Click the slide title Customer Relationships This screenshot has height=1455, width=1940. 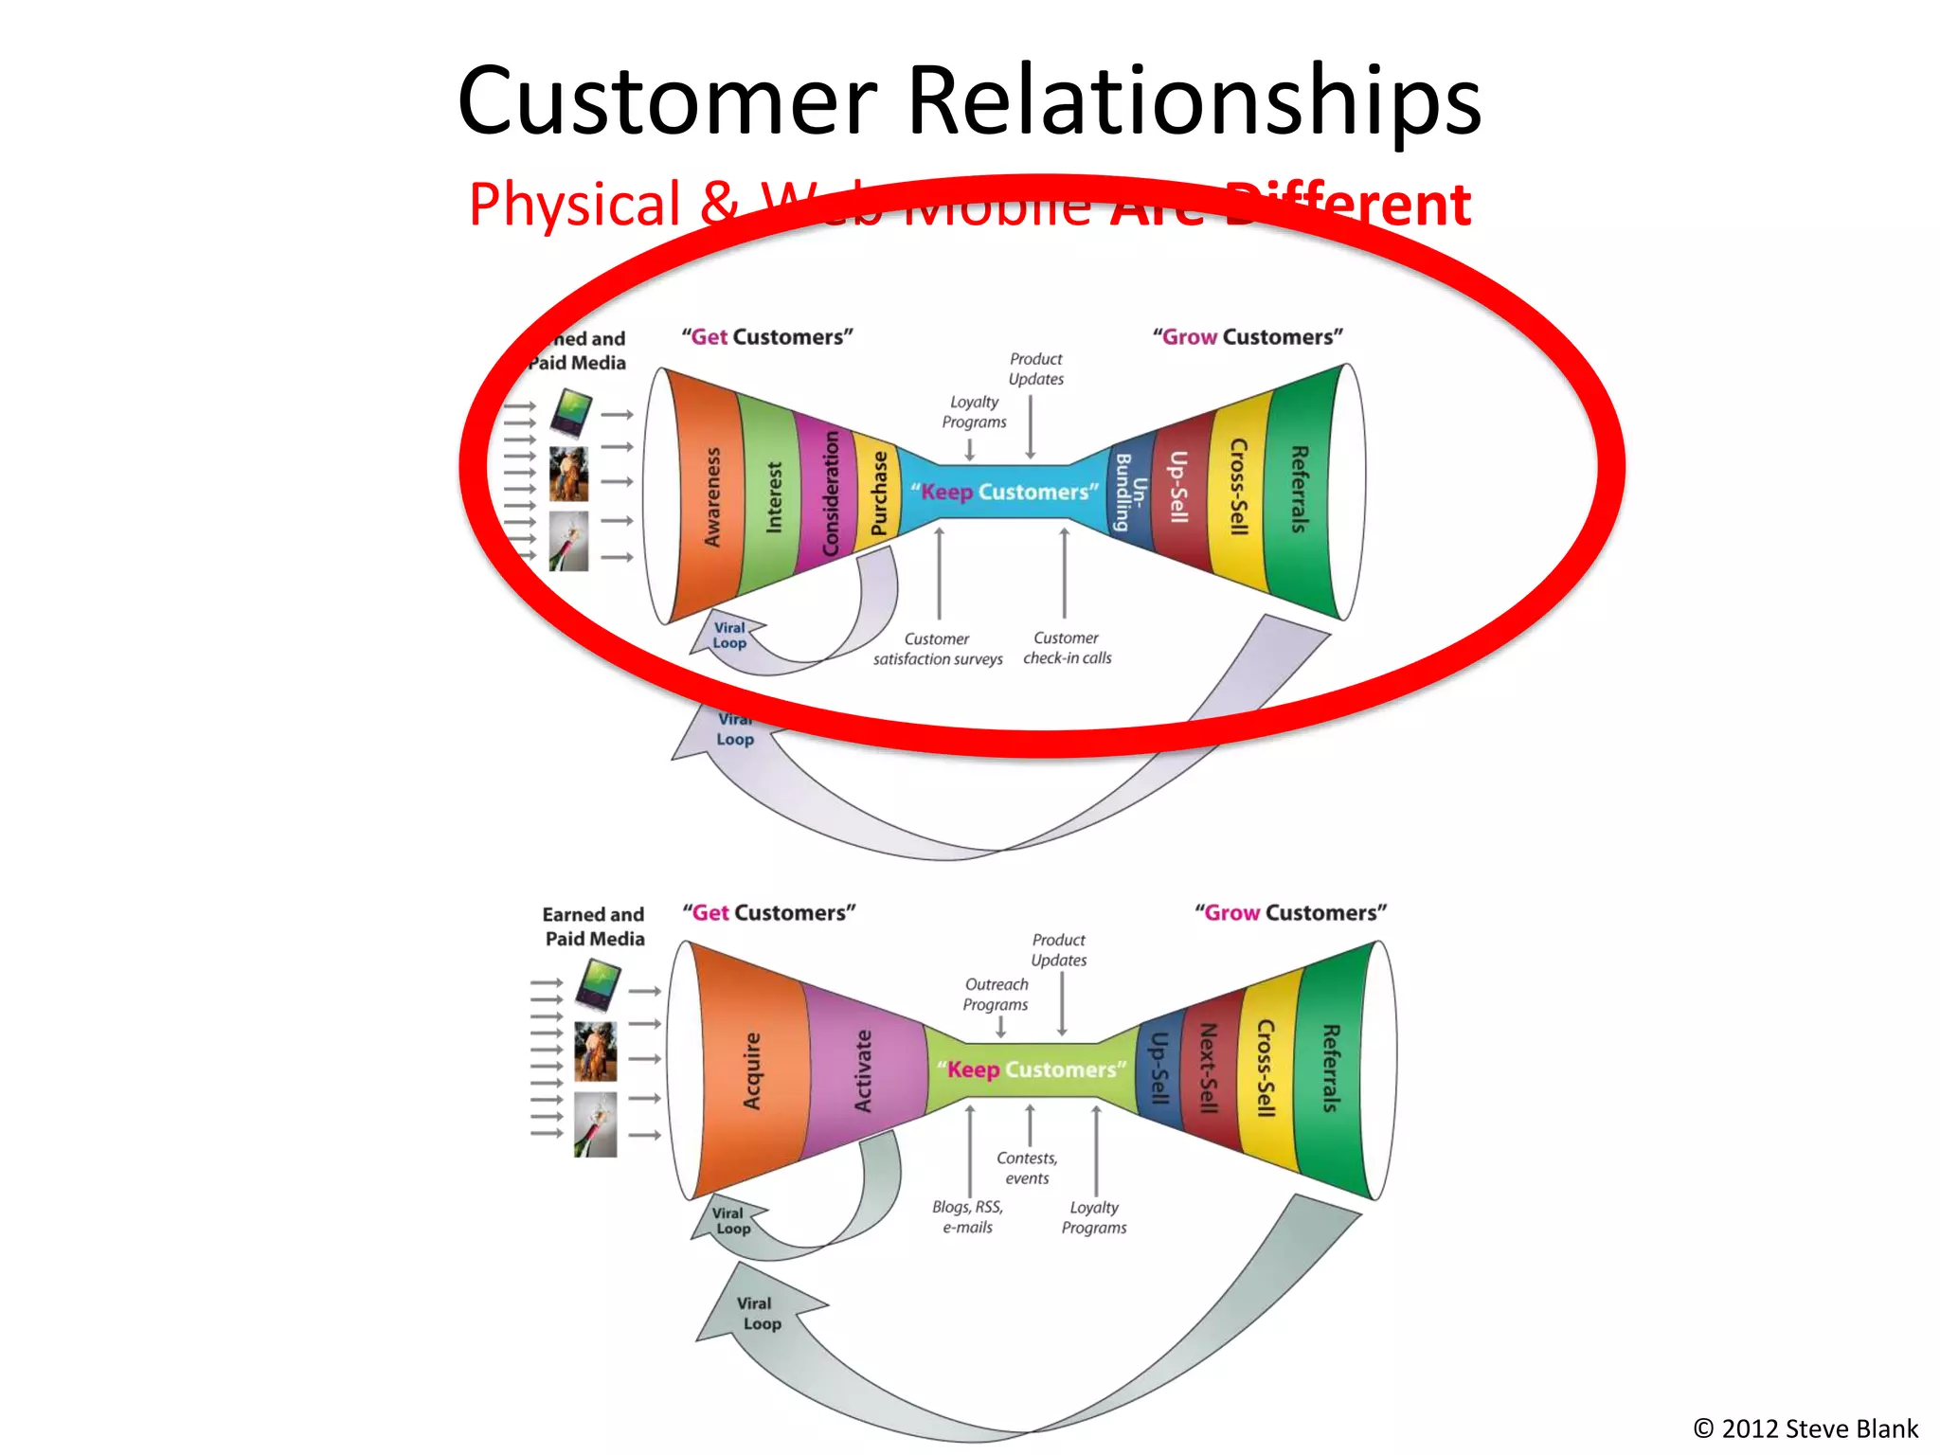968,100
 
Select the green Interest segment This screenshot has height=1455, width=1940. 773,496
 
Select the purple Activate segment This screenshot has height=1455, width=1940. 863,1070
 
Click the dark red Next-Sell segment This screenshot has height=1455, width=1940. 1209,1069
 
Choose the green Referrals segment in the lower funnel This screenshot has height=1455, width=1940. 1330,1069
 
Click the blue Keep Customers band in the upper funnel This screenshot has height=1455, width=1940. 1004,493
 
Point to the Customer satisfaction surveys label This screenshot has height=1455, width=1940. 938,649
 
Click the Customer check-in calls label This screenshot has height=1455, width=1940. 1067,648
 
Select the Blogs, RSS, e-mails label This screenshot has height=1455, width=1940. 967,1217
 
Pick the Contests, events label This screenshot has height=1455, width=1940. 1027,1168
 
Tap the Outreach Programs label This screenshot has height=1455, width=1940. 996,995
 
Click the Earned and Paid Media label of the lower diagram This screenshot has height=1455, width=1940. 594,926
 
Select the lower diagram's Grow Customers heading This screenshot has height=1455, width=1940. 1290,913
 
